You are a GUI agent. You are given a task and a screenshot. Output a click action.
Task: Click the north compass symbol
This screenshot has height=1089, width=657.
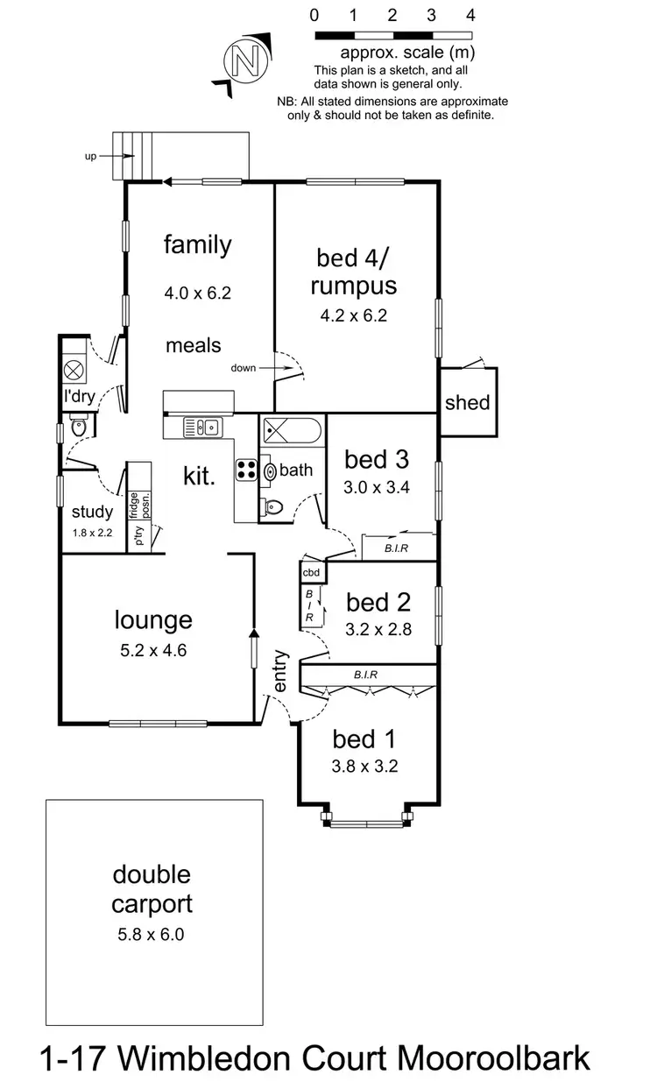coord(244,60)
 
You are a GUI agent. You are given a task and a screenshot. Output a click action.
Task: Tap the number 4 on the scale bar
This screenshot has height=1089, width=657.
coord(471,15)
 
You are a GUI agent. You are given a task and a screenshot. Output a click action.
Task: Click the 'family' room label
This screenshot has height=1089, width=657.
coord(198,244)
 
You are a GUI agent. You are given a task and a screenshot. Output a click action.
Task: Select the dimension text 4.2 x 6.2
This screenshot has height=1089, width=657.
coord(356,316)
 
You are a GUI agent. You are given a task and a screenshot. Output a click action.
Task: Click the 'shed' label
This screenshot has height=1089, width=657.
coord(468,403)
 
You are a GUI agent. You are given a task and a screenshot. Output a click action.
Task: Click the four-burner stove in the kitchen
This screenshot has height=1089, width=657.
coord(246,470)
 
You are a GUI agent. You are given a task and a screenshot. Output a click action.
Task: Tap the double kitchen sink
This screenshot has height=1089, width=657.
coord(201,428)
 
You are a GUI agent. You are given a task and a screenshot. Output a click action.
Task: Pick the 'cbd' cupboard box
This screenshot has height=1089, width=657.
coord(312,572)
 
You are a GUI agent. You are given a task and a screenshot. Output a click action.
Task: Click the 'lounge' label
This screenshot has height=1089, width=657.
coord(153,620)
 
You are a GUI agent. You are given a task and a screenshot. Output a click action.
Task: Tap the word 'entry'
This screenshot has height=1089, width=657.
coord(280,670)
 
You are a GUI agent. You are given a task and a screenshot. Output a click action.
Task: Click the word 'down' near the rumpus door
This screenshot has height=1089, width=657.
coord(244,368)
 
